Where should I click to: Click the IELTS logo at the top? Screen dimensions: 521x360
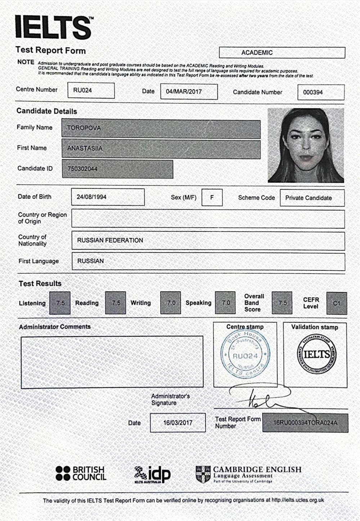pos(53,27)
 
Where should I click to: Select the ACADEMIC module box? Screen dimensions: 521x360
pos(282,53)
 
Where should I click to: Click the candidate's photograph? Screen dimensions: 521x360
pos(306,145)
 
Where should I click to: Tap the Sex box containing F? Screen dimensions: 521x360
pos(212,197)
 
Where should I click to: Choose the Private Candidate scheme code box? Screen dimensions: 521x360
pos(312,198)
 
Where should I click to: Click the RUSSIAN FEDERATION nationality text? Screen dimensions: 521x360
pos(110,240)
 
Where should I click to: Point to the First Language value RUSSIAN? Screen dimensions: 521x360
pos(90,261)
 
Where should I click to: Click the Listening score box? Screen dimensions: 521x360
pos(60,303)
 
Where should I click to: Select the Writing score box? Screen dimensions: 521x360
pos(171,303)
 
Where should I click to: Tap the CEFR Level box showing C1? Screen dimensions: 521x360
pos(337,303)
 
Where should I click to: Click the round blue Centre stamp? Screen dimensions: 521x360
pos(245,355)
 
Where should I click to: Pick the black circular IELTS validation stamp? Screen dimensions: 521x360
pos(316,354)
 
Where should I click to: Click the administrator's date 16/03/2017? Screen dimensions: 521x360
pos(178,422)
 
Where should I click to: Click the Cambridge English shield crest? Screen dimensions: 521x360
pos(203,474)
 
